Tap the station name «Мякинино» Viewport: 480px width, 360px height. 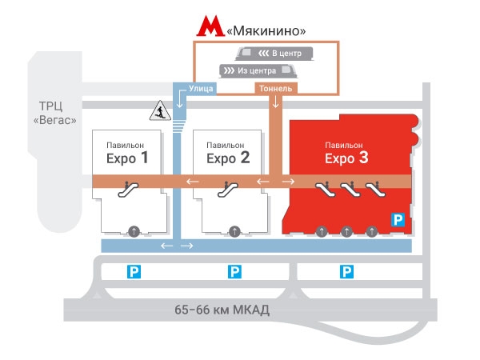coord(266,30)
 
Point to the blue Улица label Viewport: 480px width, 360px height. coord(200,88)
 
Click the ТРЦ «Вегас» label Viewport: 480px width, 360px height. coord(58,113)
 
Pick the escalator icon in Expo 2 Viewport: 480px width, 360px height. coord(228,190)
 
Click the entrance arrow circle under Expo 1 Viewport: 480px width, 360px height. coord(134,231)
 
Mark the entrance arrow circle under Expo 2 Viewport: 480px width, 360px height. coord(234,231)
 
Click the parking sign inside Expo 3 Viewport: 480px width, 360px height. coord(396,218)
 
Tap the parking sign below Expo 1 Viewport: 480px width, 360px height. coord(134,272)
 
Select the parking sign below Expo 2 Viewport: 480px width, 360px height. coord(234,272)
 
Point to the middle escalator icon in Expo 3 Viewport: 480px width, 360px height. coord(348,190)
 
